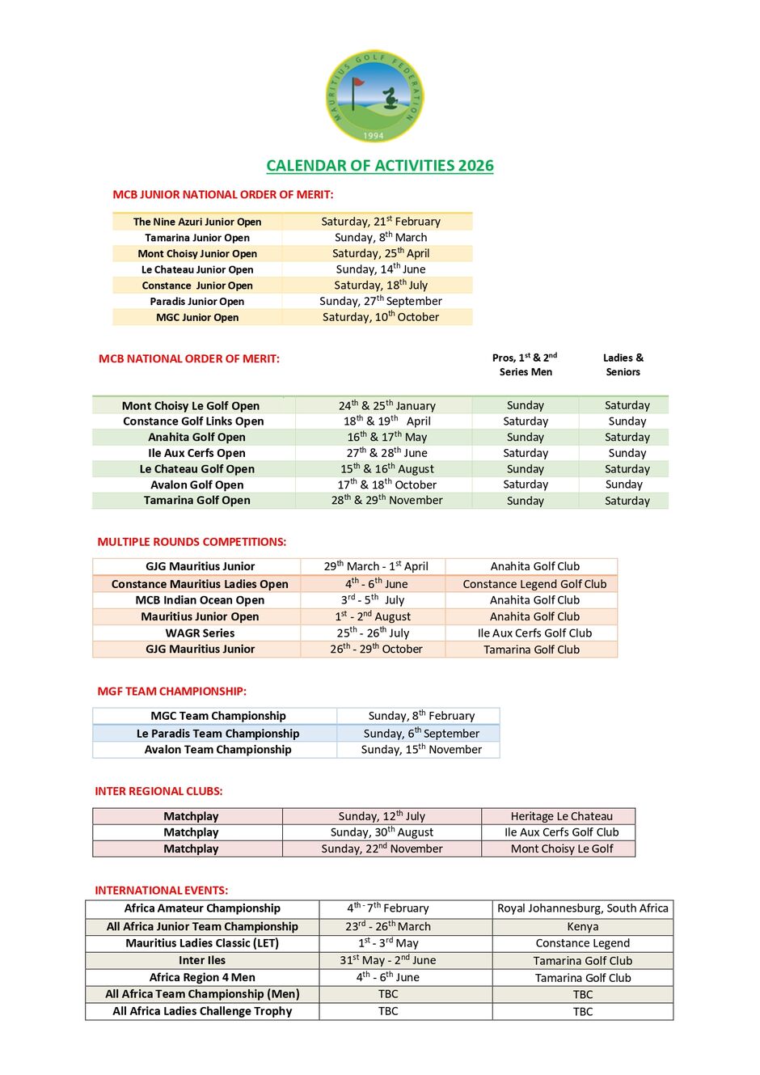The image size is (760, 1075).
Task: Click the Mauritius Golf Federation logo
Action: click(x=374, y=96)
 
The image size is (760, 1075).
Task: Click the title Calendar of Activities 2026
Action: click(x=380, y=166)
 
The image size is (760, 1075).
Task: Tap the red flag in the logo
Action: click(x=358, y=82)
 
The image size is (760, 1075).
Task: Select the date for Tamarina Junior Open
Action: click(x=381, y=238)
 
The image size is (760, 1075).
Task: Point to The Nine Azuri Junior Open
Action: click(x=197, y=222)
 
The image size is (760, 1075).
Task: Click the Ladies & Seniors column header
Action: click(x=623, y=365)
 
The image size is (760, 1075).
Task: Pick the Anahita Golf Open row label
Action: click(x=196, y=437)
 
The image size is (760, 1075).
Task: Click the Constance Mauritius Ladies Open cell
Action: click(x=200, y=584)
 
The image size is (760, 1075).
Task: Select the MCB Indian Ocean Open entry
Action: click(x=200, y=600)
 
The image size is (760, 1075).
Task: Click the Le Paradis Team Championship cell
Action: click(x=217, y=734)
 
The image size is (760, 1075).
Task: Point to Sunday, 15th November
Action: click(x=421, y=750)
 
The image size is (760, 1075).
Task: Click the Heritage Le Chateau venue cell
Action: click(x=561, y=816)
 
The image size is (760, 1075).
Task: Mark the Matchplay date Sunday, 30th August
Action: click(x=382, y=832)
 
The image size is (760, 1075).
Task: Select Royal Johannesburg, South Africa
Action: click(x=582, y=908)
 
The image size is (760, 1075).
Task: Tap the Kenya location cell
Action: click(x=582, y=927)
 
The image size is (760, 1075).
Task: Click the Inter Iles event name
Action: click(x=202, y=960)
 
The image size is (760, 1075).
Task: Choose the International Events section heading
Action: click(x=162, y=890)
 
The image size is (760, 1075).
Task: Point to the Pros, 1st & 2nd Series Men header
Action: click(x=526, y=365)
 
